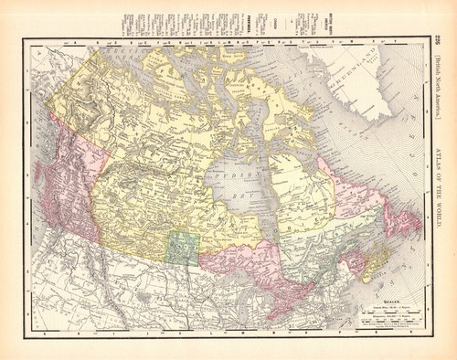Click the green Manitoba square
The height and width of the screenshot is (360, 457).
pos(183,248)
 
